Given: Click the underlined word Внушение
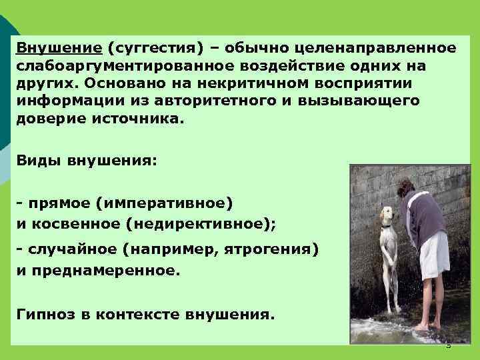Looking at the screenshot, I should tap(59, 48).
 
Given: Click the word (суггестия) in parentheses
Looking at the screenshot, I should tap(151, 48).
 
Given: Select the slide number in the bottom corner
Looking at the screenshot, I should tap(448, 345).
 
